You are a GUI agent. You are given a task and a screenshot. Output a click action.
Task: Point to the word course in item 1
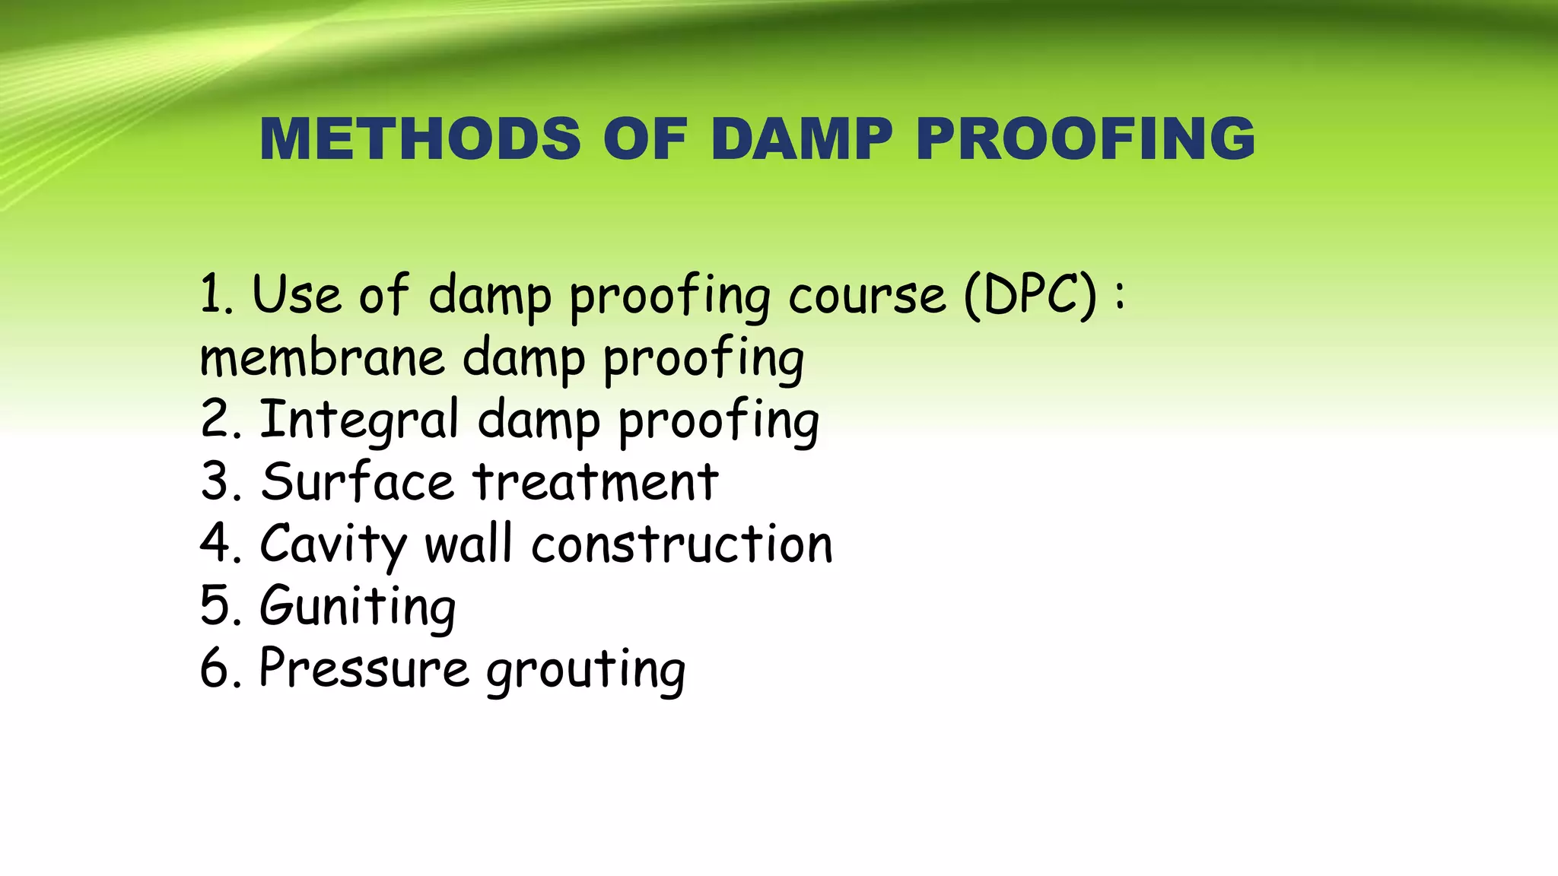(x=866, y=297)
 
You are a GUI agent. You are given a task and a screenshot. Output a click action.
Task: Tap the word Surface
(x=357, y=482)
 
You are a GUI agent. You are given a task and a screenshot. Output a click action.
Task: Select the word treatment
(x=595, y=482)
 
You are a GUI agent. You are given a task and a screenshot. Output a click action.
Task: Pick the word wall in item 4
(x=469, y=544)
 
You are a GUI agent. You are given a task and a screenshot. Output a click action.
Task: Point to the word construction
(x=682, y=544)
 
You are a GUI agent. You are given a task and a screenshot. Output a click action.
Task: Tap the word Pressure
(x=364, y=668)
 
